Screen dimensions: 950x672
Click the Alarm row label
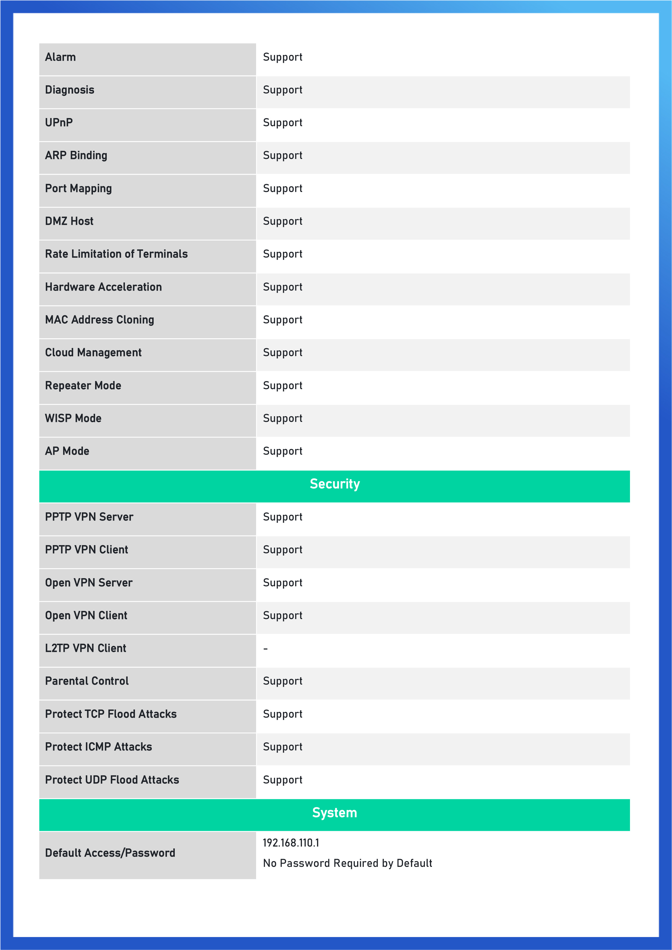point(60,57)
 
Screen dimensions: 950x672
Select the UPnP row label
point(59,122)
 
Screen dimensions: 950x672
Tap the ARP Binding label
point(76,155)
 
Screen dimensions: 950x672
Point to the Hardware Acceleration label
point(104,287)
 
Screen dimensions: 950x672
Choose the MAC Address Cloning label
point(99,320)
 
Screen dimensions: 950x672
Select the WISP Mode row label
point(73,418)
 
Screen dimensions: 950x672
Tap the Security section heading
point(335,484)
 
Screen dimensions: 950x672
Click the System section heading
point(335,813)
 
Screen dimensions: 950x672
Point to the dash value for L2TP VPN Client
point(265,649)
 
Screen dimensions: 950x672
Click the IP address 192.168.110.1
point(291,843)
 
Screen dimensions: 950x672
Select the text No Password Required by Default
point(347,863)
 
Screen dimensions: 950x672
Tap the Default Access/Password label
point(110,853)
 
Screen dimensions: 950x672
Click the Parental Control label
point(87,681)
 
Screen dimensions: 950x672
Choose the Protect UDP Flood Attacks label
point(112,780)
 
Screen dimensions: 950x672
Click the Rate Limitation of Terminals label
point(116,254)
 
